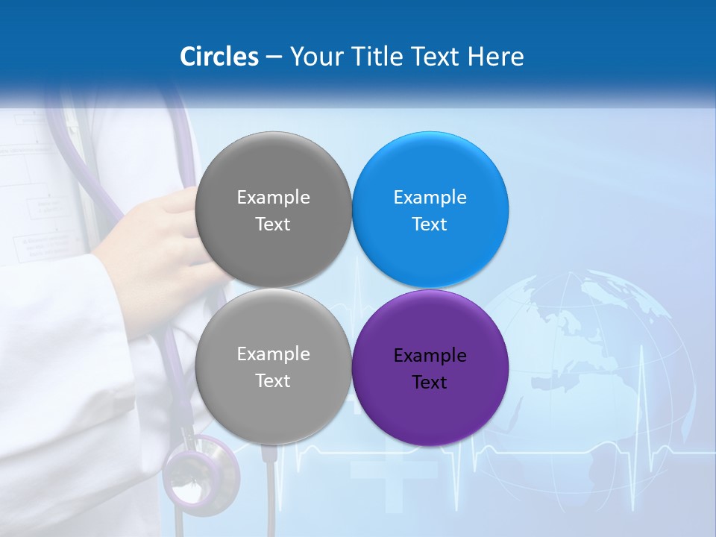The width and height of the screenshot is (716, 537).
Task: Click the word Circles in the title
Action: click(219, 57)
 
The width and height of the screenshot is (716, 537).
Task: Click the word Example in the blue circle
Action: click(430, 198)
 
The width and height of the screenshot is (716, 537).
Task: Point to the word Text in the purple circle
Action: click(430, 383)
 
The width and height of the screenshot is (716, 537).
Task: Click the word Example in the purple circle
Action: click(430, 356)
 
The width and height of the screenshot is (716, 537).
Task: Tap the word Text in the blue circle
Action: click(430, 224)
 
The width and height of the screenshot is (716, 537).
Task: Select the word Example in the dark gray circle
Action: click(273, 198)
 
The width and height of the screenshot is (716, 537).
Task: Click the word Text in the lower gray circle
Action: click(273, 380)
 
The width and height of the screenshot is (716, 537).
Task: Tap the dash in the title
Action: click(274, 57)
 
